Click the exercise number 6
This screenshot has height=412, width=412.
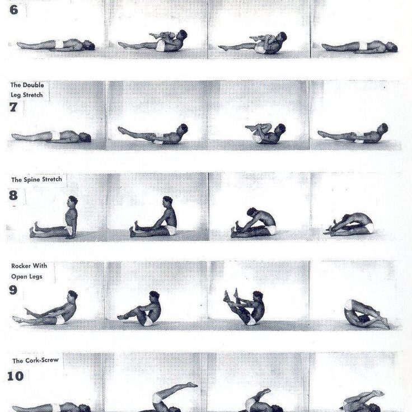click(x=13, y=10)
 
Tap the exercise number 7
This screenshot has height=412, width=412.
click(x=13, y=107)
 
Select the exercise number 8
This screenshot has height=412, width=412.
click(x=13, y=195)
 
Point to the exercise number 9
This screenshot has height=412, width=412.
click(x=13, y=290)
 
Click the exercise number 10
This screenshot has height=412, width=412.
click(x=15, y=376)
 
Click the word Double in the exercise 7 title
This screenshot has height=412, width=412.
click(x=33, y=85)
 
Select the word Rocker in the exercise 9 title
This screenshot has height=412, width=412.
click(x=21, y=266)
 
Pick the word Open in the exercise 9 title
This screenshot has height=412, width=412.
click(x=19, y=277)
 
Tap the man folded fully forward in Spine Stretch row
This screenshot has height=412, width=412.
click(x=349, y=224)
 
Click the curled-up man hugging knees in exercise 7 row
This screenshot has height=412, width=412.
click(x=266, y=133)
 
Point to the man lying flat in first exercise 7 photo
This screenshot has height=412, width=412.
click(x=52, y=137)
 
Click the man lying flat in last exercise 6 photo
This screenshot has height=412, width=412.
click(x=359, y=46)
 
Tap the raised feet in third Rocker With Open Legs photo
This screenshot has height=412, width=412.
click(x=230, y=296)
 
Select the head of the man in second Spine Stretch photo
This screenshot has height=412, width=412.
click(x=167, y=202)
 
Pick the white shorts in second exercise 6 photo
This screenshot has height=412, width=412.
click(x=160, y=46)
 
